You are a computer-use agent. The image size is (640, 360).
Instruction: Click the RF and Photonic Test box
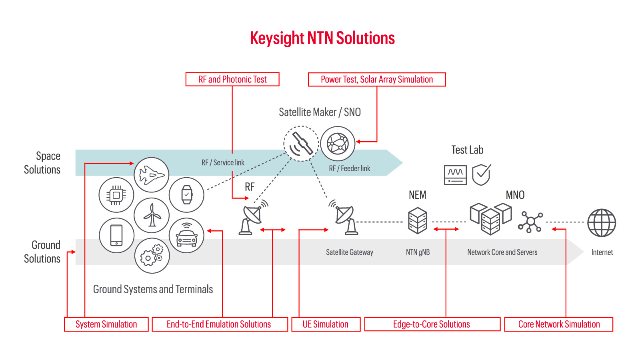[232, 79]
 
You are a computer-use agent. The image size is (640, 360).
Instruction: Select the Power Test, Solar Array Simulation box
[377, 79]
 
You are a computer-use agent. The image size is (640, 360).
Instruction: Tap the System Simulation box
[106, 324]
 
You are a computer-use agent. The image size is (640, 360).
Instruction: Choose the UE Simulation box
[326, 324]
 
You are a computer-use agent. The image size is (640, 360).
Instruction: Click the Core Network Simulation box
[559, 324]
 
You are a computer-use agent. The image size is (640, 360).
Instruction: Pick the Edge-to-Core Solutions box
[432, 324]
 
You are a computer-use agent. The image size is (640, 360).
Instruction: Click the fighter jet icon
[152, 175]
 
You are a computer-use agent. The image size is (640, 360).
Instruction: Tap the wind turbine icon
[152, 215]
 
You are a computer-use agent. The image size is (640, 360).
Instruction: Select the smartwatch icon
[186, 195]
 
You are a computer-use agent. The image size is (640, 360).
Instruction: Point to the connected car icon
[186, 235]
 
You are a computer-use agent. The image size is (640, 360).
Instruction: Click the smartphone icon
[116, 235]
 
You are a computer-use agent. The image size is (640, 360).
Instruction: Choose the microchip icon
[116, 195]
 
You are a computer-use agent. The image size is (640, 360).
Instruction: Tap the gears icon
[152, 256]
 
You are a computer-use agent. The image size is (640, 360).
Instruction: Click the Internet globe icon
[601, 223]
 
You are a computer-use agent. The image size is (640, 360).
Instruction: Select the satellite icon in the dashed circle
[301, 144]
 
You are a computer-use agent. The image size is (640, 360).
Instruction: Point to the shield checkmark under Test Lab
[481, 175]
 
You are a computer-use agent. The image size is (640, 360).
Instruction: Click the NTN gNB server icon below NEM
[418, 220]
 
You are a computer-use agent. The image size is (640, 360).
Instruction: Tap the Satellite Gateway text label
[349, 252]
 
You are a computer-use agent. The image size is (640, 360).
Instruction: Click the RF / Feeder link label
[349, 168]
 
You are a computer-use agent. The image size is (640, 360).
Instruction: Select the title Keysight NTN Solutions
[322, 38]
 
